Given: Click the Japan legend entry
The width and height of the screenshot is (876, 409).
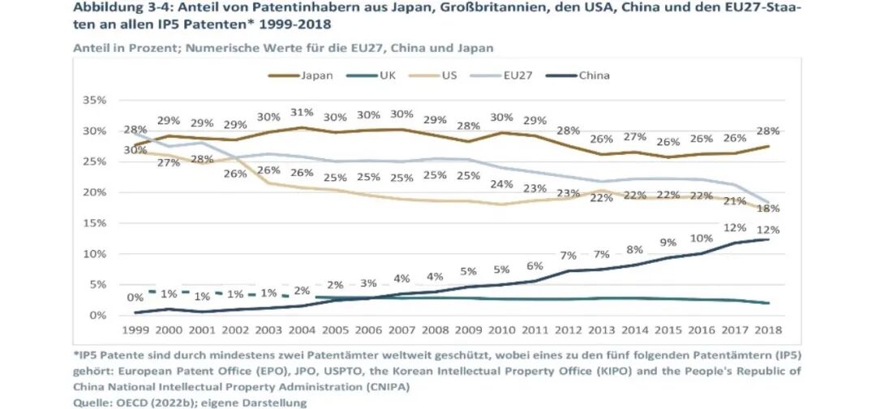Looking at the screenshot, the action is click(x=301, y=75).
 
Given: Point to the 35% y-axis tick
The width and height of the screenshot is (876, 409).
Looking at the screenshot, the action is click(x=94, y=100).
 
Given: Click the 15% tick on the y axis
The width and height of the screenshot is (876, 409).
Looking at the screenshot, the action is click(x=94, y=223).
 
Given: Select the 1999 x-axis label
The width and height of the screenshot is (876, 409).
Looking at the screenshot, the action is click(x=135, y=330).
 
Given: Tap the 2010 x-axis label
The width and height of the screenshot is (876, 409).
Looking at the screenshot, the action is click(x=501, y=330).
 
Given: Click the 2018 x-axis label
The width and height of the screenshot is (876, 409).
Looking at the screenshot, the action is click(x=769, y=330).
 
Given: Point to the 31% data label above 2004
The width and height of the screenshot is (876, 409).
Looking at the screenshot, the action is click(x=302, y=112).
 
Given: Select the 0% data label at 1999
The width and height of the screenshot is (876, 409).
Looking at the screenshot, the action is click(x=135, y=298).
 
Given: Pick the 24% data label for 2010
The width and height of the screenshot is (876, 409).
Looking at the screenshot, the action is click(x=502, y=184).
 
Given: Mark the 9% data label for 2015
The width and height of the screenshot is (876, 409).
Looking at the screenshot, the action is click(x=668, y=243).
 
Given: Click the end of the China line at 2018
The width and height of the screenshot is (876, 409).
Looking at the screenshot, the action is click(x=769, y=239).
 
